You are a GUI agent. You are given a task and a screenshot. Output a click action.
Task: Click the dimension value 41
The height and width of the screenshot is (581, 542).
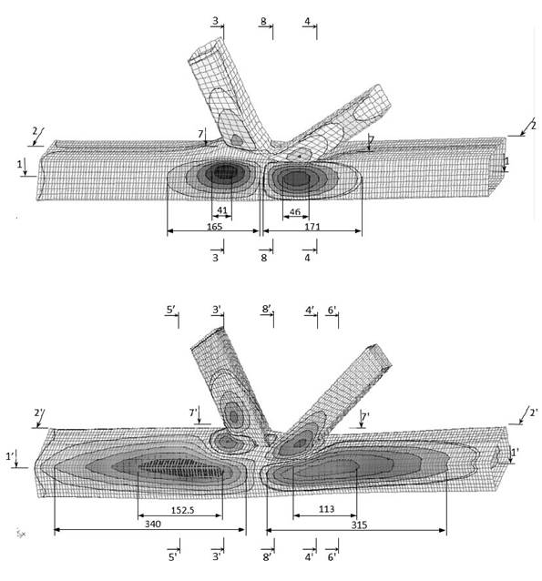tap(222, 210)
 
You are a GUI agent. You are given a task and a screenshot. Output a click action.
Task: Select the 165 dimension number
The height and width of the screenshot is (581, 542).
tap(215, 227)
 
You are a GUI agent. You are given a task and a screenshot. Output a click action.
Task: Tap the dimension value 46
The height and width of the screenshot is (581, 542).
tap(295, 211)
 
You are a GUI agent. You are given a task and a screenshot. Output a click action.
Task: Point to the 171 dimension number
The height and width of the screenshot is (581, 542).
tap(312, 226)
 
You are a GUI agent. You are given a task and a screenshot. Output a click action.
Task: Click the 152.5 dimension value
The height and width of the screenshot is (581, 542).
tap(182, 510)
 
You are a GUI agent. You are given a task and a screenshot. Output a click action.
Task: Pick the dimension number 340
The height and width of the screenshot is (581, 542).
tap(153, 524)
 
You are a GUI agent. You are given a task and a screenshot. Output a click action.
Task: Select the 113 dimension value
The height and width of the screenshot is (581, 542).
tap(326, 509)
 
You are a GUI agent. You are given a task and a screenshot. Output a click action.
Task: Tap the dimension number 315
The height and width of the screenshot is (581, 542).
tap(359, 525)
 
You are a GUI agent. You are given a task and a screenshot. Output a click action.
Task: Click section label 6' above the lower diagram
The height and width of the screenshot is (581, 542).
tap(332, 310)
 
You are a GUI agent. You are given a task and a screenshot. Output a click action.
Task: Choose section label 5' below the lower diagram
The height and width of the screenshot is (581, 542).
tap(173, 557)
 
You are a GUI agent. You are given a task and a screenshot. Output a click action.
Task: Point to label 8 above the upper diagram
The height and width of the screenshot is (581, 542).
tap(263, 21)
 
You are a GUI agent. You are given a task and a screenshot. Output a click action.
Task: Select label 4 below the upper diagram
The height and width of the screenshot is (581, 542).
tap(307, 258)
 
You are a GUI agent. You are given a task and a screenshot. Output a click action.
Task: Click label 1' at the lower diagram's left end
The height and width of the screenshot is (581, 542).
tap(10, 456)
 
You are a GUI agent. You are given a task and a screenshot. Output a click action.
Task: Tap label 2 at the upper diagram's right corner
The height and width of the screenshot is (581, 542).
tap(534, 126)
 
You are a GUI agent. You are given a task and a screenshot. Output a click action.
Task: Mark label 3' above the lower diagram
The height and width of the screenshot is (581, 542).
tap(217, 309)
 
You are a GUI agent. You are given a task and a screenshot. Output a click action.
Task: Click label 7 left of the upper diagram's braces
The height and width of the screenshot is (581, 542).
tap(200, 133)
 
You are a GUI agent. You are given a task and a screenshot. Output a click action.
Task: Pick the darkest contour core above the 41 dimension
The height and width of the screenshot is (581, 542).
tap(226, 171)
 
